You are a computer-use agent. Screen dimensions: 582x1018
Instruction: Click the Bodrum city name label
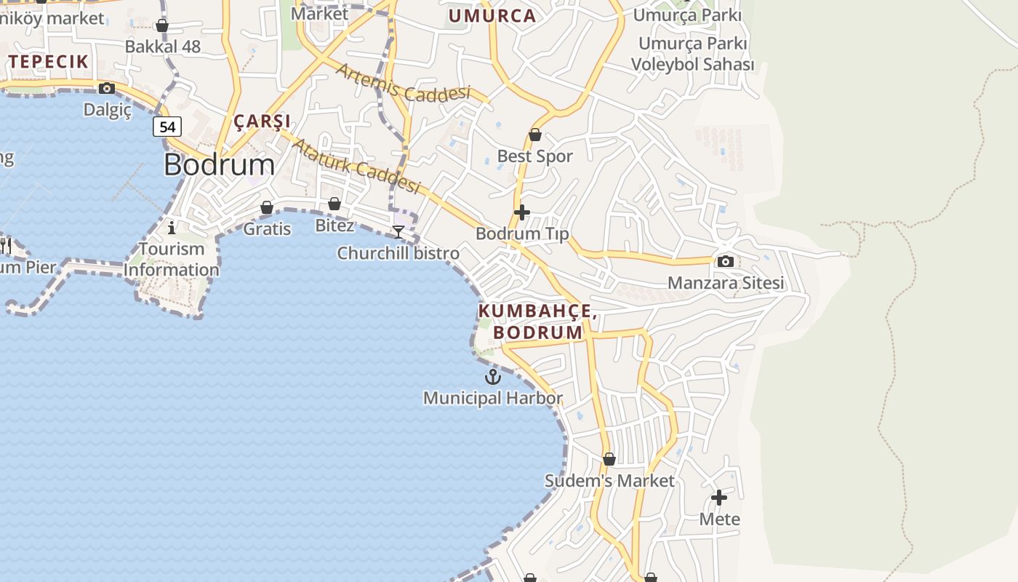(219, 164)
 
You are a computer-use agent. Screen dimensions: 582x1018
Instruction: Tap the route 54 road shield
(167, 127)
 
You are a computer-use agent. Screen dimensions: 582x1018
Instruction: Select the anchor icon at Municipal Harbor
(493, 377)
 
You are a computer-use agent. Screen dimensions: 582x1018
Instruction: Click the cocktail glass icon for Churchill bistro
(398, 232)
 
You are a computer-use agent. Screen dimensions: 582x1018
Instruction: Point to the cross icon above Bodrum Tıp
(521, 212)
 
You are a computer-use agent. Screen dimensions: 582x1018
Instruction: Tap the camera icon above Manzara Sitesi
(725, 261)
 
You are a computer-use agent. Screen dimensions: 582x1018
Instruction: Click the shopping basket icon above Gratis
(267, 207)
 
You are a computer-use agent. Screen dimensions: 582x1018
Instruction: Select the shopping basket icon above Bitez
(334, 204)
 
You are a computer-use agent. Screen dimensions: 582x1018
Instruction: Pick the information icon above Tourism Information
(172, 228)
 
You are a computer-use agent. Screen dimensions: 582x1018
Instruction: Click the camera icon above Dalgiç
(107, 88)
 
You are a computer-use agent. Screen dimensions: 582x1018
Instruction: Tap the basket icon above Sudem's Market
(609, 459)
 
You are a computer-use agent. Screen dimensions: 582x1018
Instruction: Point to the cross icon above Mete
(719, 498)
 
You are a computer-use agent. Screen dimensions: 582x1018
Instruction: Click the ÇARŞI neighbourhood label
(262, 121)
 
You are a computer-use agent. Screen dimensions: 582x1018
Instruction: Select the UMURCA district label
(492, 16)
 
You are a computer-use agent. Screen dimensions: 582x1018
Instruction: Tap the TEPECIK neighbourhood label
(49, 62)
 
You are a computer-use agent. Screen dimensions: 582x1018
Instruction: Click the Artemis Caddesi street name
(403, 82)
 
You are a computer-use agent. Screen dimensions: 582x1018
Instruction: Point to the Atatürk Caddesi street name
(356, 166)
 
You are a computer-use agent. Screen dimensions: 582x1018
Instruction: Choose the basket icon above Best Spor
(535, 135)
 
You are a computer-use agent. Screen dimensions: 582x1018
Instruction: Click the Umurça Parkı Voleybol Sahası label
(692, 54)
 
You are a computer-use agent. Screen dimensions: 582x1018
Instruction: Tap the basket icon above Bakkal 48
(162, 26)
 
